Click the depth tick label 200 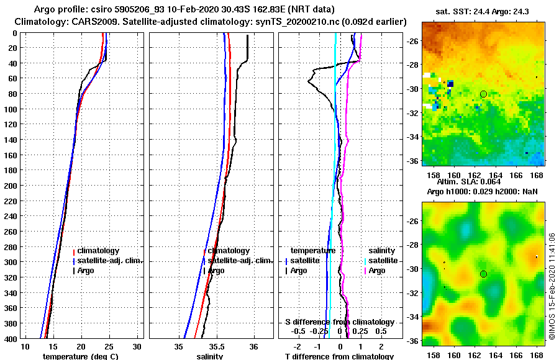pos(11,186)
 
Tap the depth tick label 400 pos(11,339)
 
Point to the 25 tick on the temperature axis pos(109,346)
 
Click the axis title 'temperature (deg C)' pos(80,356)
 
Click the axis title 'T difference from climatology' pos(339,356)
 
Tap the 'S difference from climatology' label pos(339,322)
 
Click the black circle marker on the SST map pos(483,94)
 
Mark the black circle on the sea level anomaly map pos(483,274)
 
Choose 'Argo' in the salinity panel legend pos(216,271)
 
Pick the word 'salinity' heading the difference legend pos(382,251)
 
